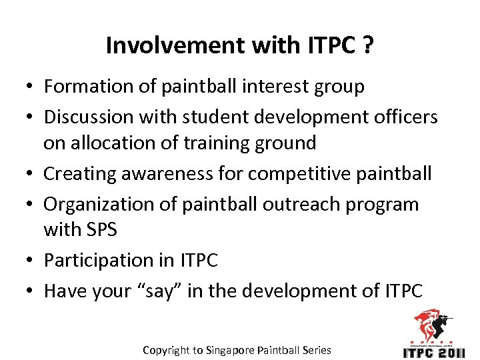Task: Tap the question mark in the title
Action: pos(367,45)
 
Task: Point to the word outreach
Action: pos(303,204)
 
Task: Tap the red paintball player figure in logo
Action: pos(432,326)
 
